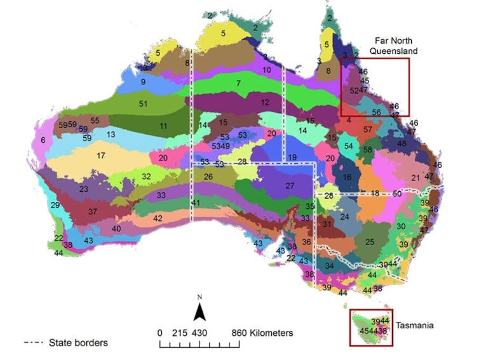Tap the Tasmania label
(x=414, y=325)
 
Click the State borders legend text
(x=78, y=343)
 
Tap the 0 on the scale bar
(x=160, y=333)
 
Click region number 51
(x=144, y=103)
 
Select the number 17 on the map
(x=100, y=156)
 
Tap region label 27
(x=290, y=185)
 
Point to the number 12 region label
(x=265, y=102)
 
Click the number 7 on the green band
(x=238, y=83)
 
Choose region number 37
(x=93, y=211)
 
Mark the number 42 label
(x=158, y=218)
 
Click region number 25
(x=370, y=242)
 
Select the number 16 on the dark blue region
(x=347, y=177)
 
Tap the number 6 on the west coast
(x=43, y=140)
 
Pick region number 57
(x=368, y=130)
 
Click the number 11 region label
(x=163, y=126)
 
